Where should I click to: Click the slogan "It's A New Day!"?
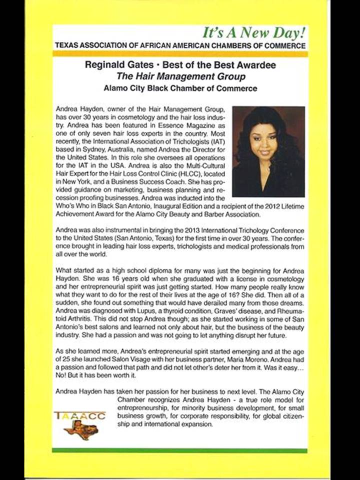[253, 33]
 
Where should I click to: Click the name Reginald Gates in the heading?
[113, 64]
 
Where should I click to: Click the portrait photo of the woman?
[268, 151]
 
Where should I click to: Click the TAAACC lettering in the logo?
[80, 416]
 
